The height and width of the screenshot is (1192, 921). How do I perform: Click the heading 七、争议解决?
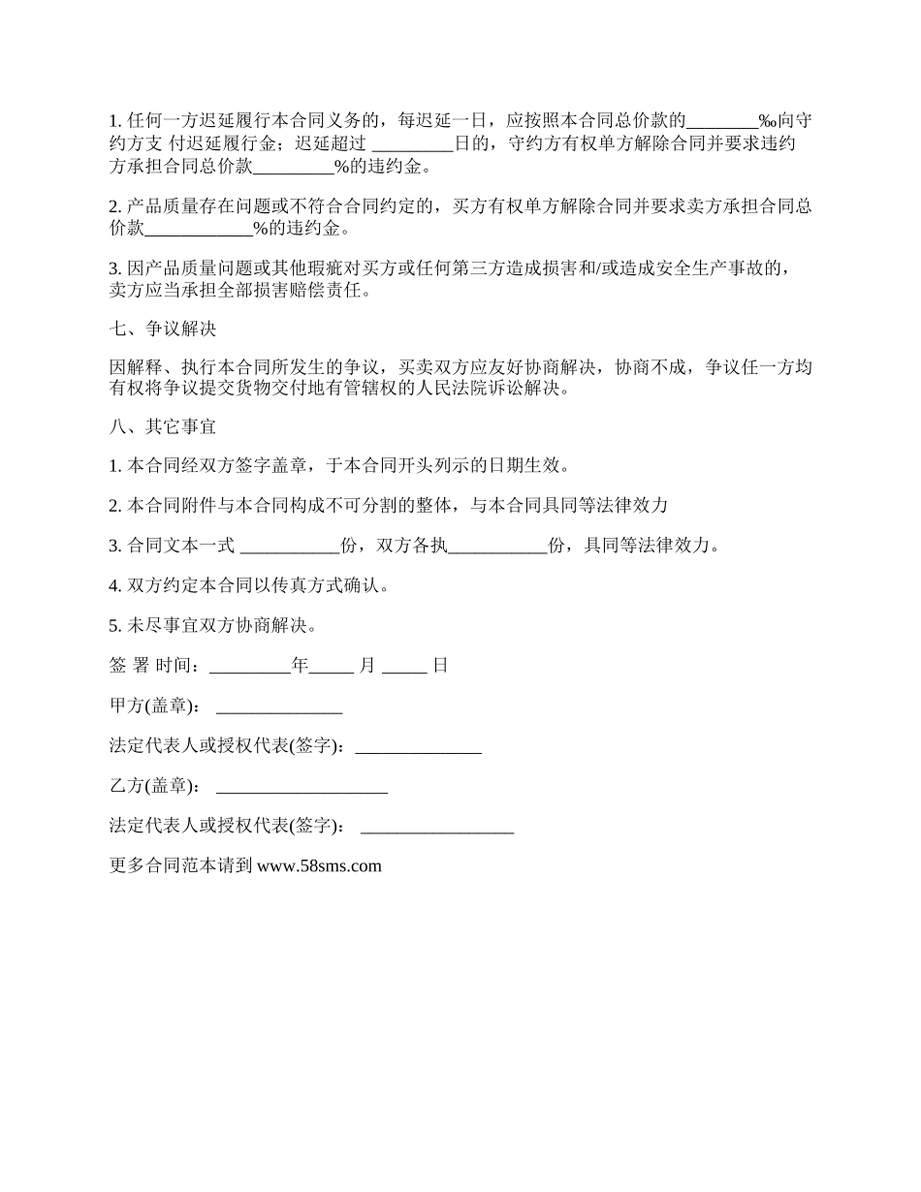163,329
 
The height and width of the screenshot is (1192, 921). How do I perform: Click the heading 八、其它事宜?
163,424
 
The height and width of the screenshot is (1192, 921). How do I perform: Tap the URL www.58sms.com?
319,866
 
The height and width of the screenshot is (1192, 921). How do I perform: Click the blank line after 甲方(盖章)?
279,707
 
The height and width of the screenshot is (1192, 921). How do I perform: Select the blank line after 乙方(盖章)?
302,787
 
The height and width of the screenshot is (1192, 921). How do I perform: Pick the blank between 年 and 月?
333,667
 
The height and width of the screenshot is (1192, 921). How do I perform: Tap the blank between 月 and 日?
404,667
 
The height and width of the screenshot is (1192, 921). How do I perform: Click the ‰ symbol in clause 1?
767,121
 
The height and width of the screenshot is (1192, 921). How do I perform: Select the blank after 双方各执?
498,547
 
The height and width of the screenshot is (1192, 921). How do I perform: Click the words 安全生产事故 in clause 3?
715,267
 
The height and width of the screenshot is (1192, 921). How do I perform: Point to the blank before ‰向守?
722,121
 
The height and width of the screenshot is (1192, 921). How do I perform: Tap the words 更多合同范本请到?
182,866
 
